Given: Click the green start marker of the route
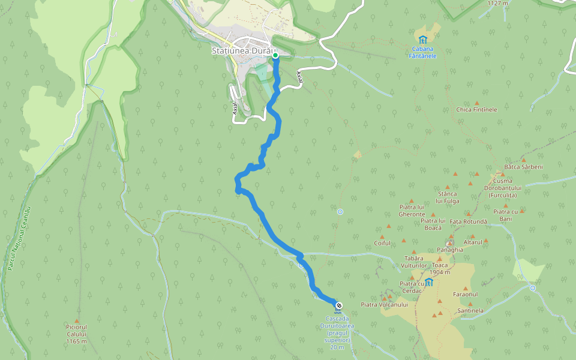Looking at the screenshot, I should tap(275, 55).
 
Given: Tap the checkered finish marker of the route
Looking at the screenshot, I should tap(339, 306).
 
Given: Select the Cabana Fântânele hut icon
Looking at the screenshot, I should tap(423, 40).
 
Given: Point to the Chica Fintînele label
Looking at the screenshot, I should tap(476, 110).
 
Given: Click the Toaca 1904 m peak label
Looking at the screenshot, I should tap(440, 268).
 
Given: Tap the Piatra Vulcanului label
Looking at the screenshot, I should tap(384, 305).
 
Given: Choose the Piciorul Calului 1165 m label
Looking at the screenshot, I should tap(77, 337).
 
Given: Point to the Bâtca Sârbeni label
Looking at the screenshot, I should tap(523, 167).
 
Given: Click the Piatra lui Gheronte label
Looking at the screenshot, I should tap(412, 210).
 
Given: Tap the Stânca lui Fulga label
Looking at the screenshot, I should tap(448, 197).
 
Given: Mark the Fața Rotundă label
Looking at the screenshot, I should tap(468, 221).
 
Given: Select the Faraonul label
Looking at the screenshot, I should tap(466, 295).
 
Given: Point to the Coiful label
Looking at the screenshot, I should tap(382, 243).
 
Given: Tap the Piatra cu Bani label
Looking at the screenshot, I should tap(506, 215).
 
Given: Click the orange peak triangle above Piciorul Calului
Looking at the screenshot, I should tap(77, 321).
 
